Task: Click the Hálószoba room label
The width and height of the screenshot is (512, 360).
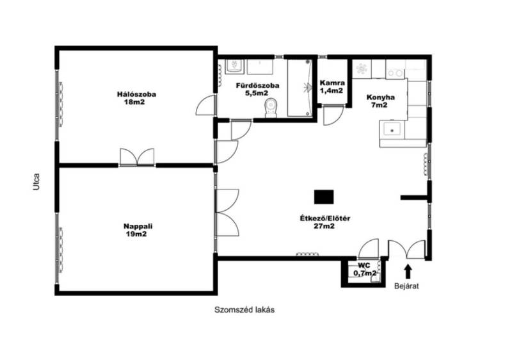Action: [x=136, y=98]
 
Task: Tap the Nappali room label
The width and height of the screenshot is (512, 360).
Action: [x=138, y=230]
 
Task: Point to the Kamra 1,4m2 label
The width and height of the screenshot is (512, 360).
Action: [x=332, y=86]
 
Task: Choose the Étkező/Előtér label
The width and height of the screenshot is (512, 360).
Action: [x=325, y=222]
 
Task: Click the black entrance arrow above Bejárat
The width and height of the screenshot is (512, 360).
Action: [x=408, y=272]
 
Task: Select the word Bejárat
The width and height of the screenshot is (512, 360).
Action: [x=406, y=286]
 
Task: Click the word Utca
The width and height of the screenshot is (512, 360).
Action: [x=36, y=182]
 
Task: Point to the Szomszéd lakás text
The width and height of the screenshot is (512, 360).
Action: [x=244, y=309]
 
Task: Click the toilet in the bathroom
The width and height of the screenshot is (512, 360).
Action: [x=271, y=108]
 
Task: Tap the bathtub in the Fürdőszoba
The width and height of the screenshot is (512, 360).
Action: [x=300, y=88]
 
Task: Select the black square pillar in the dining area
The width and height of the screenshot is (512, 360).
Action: [x=324, y=197]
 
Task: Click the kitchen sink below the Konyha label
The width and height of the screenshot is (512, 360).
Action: [x=392, y=129]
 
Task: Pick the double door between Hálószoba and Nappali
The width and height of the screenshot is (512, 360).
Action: [x=137, y=157]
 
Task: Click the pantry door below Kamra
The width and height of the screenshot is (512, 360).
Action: [x=333, y=116]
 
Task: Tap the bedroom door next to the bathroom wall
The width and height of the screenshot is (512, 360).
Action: [x=205, y=105]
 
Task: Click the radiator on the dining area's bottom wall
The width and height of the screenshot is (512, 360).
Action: [x=307, y=254]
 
